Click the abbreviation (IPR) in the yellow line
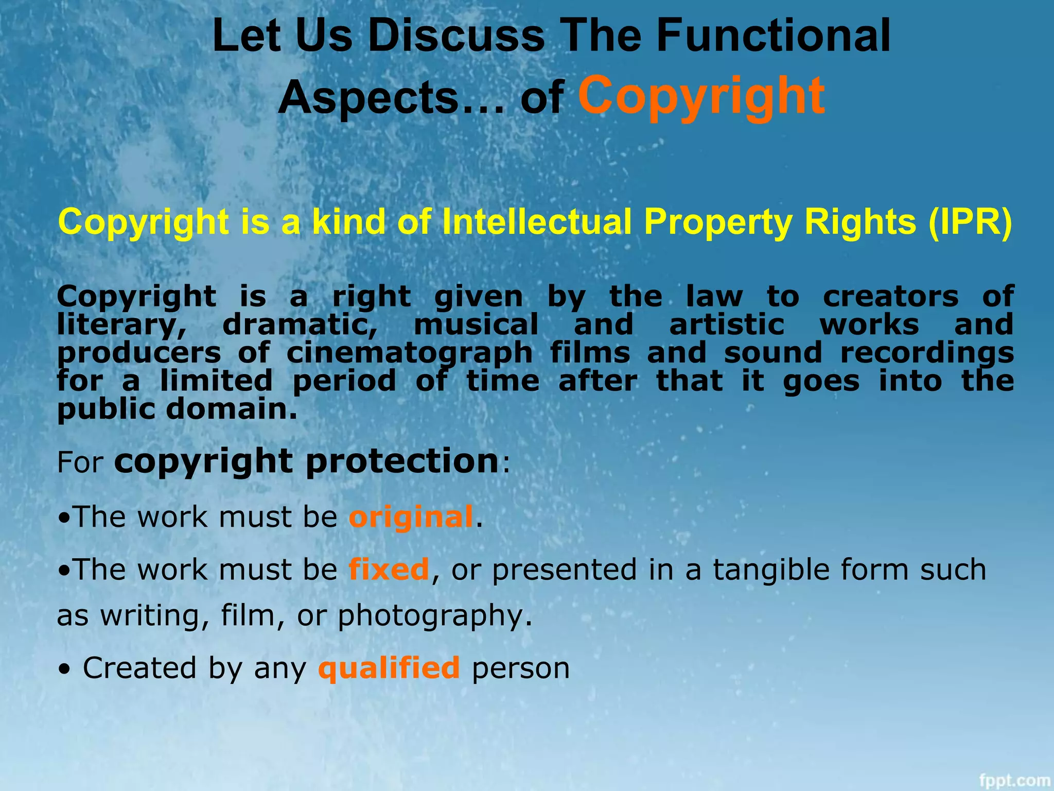pyautogui.click(x=970, y=222)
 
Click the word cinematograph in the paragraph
pyautogui.click(x=409, y=353)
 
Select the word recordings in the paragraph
pyautogui.click(x=927, y=353)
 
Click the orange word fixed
pyautogui.click(x=389, y=570)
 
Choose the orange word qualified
pyautogui.click(x=389, y=668)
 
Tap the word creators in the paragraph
pyautogui.click(x=891, y=297)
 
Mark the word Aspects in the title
pyautogui.click(x=368, y=98)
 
